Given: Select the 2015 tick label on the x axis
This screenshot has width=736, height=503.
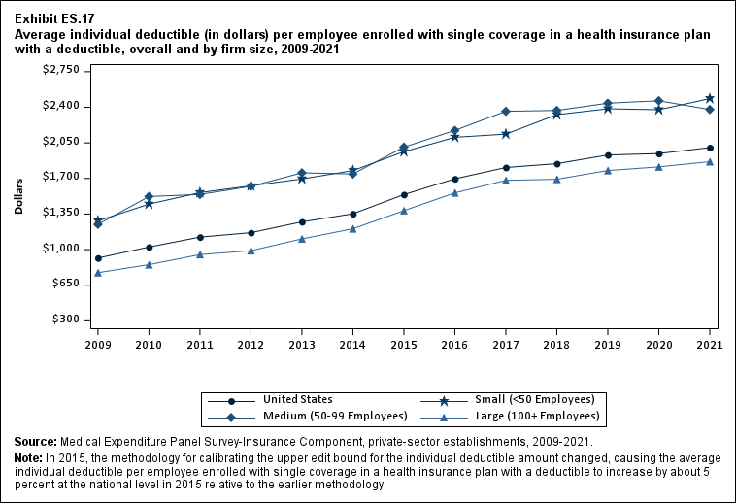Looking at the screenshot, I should [x=404, y=344].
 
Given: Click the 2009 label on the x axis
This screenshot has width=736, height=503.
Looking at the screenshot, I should [x=98, y=344].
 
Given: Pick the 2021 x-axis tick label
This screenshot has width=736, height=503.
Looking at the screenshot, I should [x=710, y=344].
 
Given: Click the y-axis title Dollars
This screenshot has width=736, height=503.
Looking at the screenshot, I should [x=19, y=195].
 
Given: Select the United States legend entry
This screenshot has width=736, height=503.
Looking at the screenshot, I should [x=297, y=399].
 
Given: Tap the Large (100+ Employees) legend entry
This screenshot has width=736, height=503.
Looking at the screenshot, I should [x=534, y=417].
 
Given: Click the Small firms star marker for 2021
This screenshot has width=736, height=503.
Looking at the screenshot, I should [x=710, y=99].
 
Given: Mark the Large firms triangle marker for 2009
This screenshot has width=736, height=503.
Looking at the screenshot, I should [x=98, y=273].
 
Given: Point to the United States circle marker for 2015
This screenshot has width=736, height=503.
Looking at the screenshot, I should [x=404, y=194].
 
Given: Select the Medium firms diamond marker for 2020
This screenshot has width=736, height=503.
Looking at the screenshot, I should [x=658, y=101].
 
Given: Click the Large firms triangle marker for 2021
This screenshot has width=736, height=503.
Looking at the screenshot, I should [x=710, y=161].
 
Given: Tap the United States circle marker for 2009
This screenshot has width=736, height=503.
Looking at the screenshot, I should [x=98, y=258].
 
